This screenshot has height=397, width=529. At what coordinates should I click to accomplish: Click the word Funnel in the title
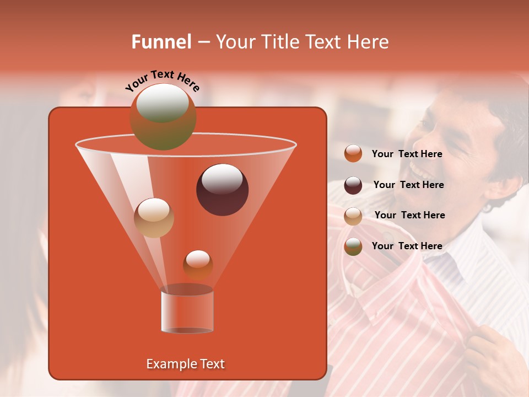[161, 42]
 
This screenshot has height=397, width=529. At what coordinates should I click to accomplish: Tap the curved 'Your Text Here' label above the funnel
[163, 80]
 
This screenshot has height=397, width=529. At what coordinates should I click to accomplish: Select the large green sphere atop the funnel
[163, 116]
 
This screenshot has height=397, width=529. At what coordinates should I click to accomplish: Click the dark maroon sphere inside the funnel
[222, 189]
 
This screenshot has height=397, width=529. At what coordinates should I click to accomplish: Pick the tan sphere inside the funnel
[154, 217]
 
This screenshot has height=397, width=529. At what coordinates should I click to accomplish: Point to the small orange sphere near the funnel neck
[198, 264]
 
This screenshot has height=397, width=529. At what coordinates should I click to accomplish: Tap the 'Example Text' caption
[185, 364]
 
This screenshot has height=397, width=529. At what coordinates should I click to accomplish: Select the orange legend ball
[353, 154]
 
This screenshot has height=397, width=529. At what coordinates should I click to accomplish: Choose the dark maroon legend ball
[353, 185]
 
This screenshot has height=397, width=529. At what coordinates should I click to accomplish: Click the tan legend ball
[353, 216]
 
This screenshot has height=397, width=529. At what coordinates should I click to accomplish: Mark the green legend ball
[353, 246]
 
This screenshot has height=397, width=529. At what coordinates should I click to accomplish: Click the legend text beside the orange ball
[407, 154]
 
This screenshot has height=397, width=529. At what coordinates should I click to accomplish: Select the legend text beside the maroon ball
[408, 185]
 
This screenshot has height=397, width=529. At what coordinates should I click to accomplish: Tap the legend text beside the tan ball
[409, 215]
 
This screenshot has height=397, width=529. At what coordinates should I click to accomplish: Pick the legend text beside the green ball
[407, 246]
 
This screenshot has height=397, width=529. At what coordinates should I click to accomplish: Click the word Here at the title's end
[369, 42]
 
